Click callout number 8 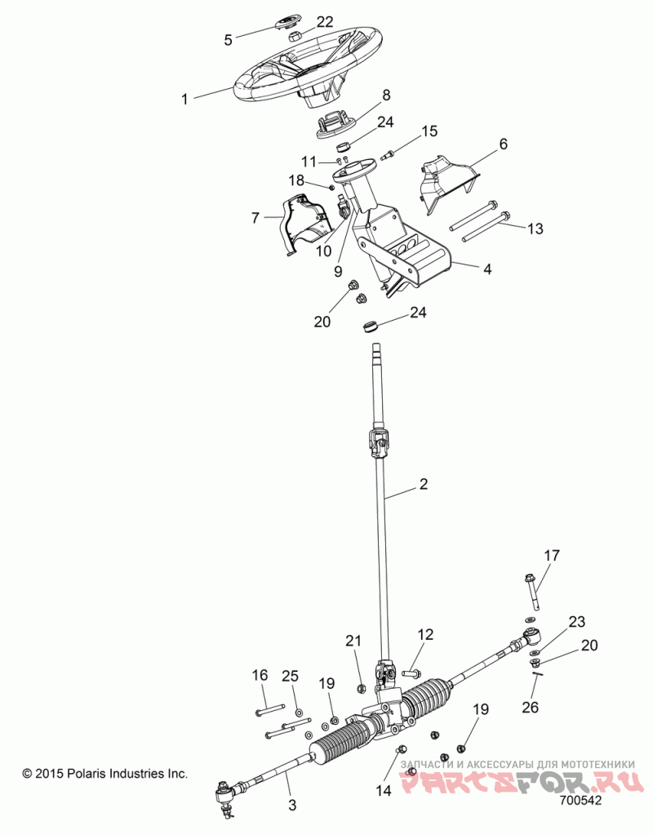tap(385, 95)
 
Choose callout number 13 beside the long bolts tap(535, 229)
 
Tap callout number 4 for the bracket tap(486, 269)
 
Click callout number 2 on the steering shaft tap(423, 484)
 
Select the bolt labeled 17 tap(533, 592)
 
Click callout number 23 tap(576, 621)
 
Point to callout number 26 tap(531, 707)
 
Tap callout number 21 tap(353, 641)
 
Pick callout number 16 tap(260, 675)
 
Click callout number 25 tap(291, 675)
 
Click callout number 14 tap(383, 790)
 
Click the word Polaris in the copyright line tap(88, 773)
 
